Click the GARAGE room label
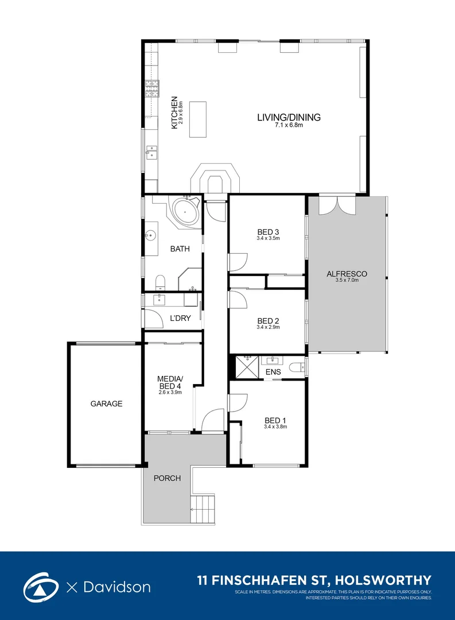pyautogui.click(x=106, y=404)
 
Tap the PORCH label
pyautogui.click(x=167, y=478)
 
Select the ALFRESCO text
pyautogui.click(x=347, y=274)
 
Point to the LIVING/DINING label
pyautogui.click(x=289, y=117)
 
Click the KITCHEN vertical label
pyautogui.click(x=174, y=113)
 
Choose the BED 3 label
pyautogui.click(x=268, y=232)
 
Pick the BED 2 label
pyautogui.click(x=268, y=321)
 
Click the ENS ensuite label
pyautogui.click(x=273, y=372)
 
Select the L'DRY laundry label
pyautogui.click(x=180, y=318)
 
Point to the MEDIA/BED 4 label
pyautogui.click(x=170, y=383)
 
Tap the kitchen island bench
pyautogui.click(x=197, y=119)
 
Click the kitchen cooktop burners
pyautogui.click(x=152, y=88)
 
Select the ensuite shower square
pyautogui.click(x=247, y=367)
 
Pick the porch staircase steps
pyautogui.click(x=203, y=509)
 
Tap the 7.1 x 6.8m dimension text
pyautogui.click(x=289, y=125)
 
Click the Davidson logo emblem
pyautogui.click(x=39, y=587)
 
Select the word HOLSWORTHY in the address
pyautogui.click(x=383, y=580)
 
